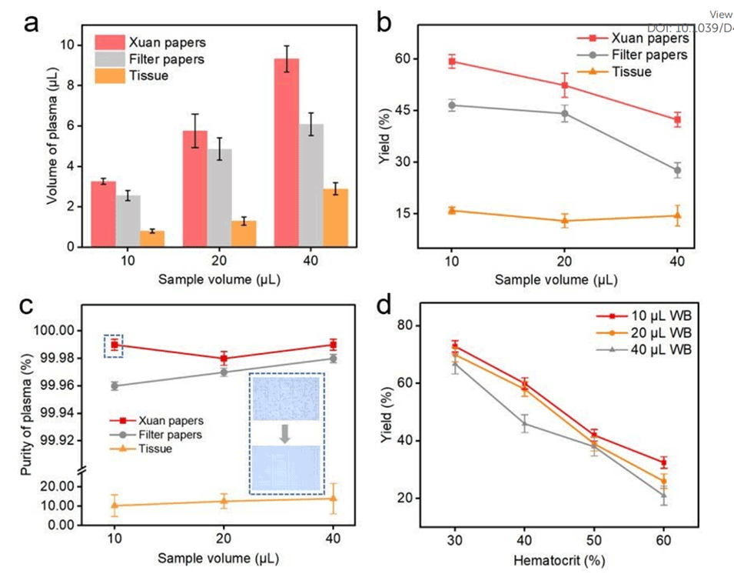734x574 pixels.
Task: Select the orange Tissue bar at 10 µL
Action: click(x=152, y=239)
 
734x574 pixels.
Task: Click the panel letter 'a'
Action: click(x=32, y=22)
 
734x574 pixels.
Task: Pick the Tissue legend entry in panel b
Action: click(x=633, y=72)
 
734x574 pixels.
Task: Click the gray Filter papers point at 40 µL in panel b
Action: click(x=677, y=171)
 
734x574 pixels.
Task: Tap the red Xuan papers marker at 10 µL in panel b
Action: click(x=452, y=62)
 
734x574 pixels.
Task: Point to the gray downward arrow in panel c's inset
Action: click(x=285, y=434)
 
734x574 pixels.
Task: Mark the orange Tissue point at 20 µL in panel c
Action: click(x=224, y=502)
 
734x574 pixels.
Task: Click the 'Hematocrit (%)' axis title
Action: click(x=559, y=557)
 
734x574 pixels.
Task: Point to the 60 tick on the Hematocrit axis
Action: click(x=663, y=536)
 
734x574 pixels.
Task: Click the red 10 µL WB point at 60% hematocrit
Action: click(x=663, y=462)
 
